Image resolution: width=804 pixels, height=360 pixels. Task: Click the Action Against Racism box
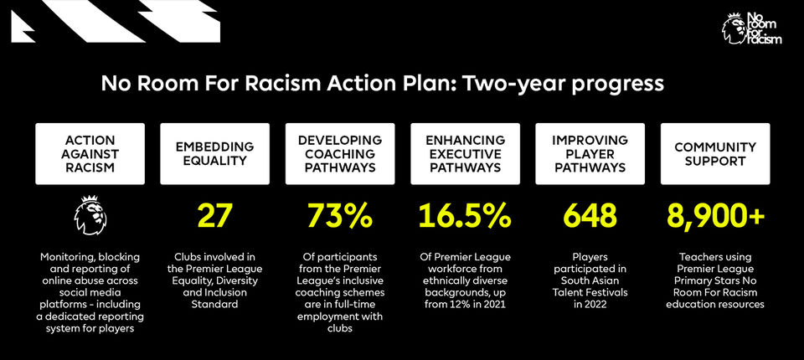[90, 154]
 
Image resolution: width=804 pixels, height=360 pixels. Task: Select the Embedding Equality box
[215, 154]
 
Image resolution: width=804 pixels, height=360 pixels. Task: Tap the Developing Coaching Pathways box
[340, 154]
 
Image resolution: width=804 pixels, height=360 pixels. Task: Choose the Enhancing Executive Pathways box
[465, 154]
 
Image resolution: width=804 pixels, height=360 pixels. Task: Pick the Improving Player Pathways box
[590, 154]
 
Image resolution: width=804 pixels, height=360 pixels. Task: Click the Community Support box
[714, 154]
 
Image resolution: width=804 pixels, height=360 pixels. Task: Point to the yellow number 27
[215, 216]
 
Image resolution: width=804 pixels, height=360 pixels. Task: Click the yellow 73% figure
[340, 216]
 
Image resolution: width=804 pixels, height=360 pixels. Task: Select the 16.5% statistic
[465, 216]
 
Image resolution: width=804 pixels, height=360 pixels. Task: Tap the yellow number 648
[590, 216]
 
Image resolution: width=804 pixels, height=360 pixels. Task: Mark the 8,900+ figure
[714, 216]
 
